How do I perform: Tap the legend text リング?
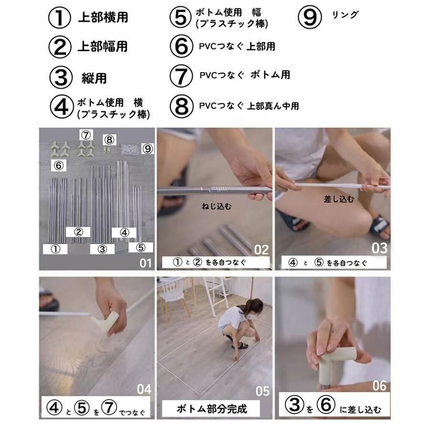tap(344, 15)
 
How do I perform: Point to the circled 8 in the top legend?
tap(182, 106)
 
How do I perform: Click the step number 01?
tap(145, 263)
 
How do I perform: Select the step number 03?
tap(380, 248)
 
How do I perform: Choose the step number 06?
tap(379, 386)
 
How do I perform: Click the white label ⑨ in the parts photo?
tap(148, 149)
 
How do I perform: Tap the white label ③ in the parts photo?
tap(102, 249)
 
